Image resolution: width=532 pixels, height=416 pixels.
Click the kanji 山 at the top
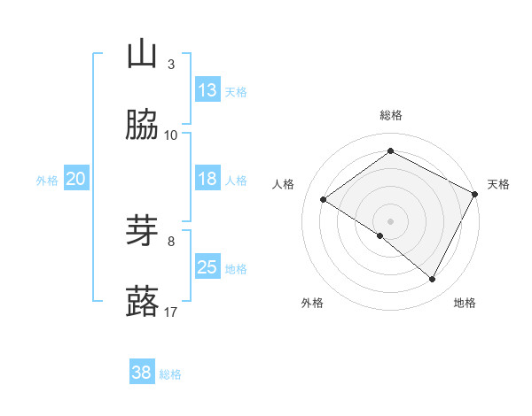click(143, 55)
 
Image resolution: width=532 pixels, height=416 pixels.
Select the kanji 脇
click(143, 125)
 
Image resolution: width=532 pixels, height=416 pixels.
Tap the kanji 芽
click(143, 232)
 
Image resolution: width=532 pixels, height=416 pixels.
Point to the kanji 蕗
click(143, 302)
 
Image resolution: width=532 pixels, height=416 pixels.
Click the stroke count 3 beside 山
click(171, 65)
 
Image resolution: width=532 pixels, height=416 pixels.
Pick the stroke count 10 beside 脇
click(171, 135)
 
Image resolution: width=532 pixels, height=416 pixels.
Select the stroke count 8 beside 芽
click(171, 241)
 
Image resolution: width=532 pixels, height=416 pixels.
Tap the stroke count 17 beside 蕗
click(171, 312)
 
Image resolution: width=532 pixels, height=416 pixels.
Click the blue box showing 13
click(207, 89)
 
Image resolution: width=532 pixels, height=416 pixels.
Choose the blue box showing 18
click(207, 179)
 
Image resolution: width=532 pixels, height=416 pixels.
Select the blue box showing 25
click(207, 267)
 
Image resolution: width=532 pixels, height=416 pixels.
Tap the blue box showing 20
click(75, 179)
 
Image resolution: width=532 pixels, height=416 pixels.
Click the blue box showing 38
click(142, 374)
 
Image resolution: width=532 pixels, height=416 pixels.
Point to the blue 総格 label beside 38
click(170, 374)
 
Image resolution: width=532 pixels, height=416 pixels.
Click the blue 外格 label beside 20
click(47, 180)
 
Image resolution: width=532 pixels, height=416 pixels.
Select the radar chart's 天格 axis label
click(499, 184)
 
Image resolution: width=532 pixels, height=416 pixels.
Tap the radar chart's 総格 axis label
click(390, 115)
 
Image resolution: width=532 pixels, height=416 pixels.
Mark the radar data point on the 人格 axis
click(324, 200)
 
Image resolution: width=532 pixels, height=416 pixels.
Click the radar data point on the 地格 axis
click(433, 280)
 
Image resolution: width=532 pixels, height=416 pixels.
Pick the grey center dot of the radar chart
click(390, 220)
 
